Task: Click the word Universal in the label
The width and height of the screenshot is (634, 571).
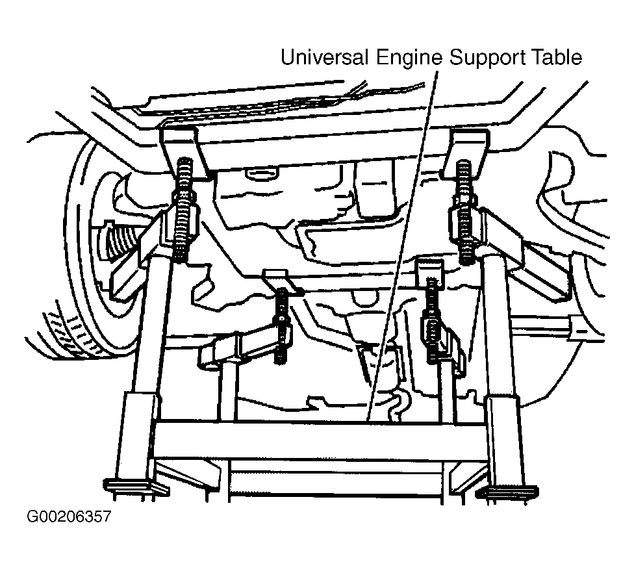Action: (324, 57)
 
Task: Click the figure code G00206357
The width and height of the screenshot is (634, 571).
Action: (69, 516)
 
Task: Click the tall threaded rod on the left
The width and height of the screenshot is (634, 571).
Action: (184, 210)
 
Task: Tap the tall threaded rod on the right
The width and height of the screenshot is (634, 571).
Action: (465, 212)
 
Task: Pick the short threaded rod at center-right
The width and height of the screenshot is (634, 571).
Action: (432, 320)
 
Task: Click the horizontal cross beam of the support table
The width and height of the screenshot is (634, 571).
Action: (320, 441)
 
